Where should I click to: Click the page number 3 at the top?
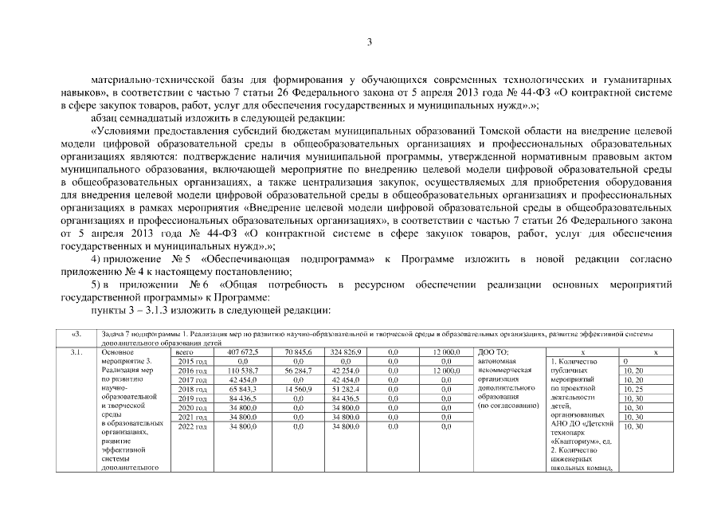[370, 41]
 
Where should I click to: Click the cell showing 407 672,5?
[243, 351]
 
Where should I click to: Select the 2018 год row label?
[190, 389]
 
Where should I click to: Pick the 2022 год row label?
[190, 426]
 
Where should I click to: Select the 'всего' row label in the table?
[184, 351]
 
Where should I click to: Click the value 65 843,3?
[243, 389]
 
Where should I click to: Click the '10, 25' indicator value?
[634, 389]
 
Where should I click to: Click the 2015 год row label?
[190, 361]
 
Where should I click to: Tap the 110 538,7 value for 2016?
[243, 371]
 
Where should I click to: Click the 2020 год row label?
[190, 407]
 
